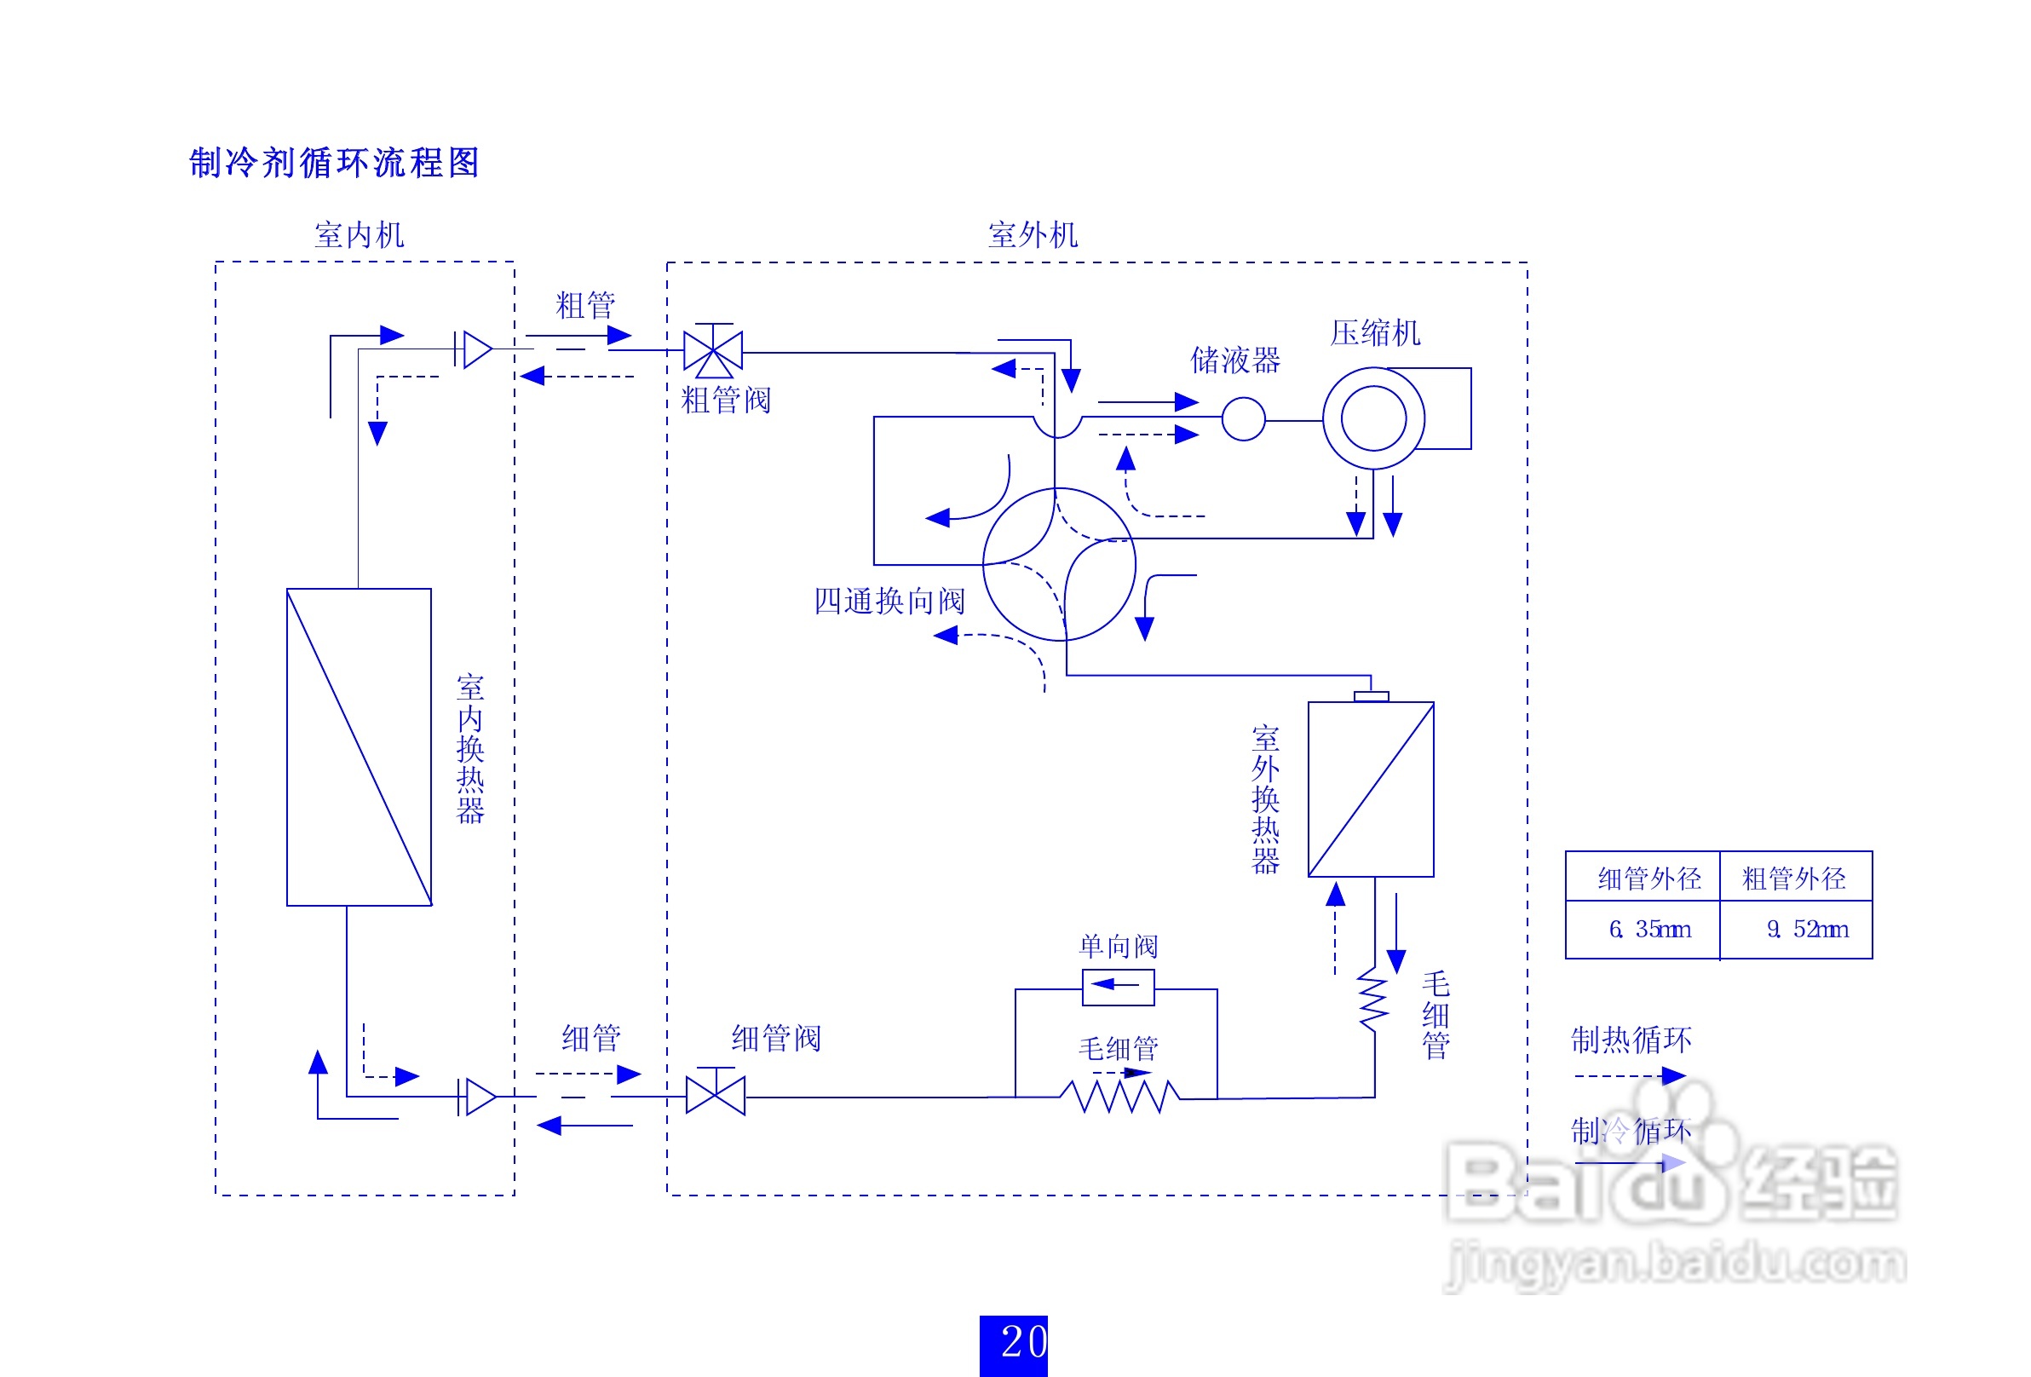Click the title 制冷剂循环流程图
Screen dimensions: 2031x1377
click(335, 163)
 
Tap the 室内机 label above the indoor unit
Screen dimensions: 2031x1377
click(360, 235)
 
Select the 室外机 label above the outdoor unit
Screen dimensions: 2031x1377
click(1033, 235)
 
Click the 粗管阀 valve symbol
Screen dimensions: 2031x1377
click(713, 350)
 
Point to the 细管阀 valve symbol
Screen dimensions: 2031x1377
click(716, 1092)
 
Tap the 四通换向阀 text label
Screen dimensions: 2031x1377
click(889, 601)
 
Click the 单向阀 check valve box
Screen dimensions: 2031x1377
click(1119, 987)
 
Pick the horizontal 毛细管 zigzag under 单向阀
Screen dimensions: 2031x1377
click(1120, 1097)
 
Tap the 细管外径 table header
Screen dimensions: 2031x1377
click(1650, 879)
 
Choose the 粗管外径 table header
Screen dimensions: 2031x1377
click(1794, 879)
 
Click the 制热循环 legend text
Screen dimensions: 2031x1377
click(1631, 1040)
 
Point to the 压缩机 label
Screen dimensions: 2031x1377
click(1376, 333)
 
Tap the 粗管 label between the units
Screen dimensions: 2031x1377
click(585, 306)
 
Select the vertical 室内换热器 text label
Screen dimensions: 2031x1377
click(470, 749)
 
